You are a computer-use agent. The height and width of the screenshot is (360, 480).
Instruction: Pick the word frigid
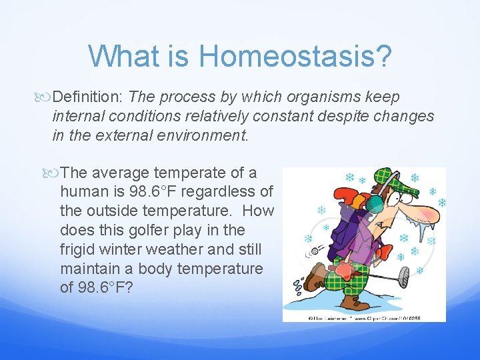[78, 249]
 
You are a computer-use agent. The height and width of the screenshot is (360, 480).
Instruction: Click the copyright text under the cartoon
[363, 317]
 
